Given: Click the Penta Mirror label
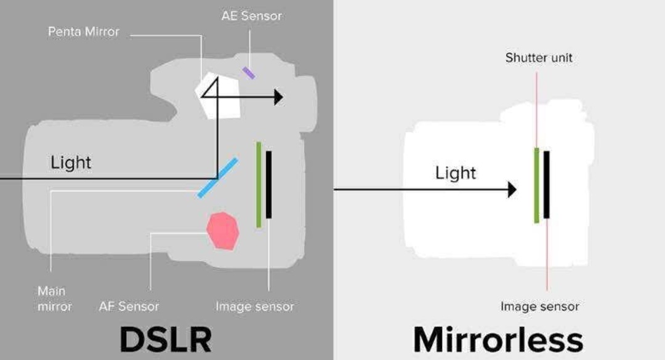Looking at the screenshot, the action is coord(84,32).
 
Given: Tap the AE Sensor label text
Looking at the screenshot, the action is coord(251,16).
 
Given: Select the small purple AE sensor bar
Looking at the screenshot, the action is coord(249,73).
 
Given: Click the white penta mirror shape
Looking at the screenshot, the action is coord(217,96).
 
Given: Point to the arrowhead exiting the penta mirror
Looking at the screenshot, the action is coord(279,97).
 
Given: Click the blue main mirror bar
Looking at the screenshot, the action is coord(218,178).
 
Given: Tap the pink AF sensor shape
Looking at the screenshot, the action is coord(223,231).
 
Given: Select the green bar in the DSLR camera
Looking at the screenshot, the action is coord(259,185).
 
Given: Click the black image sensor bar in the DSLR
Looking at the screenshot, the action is coord(268,185).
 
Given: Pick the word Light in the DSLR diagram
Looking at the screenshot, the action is coord(71,162).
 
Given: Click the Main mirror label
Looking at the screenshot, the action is coord(55,298).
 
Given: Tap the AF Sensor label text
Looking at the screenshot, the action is coord(129,306).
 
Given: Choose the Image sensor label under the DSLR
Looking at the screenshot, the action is coord(254,306).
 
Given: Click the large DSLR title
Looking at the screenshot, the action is coord(166,339).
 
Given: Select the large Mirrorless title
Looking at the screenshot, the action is coord(498,339).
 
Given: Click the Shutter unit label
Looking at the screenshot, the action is coord(539,58).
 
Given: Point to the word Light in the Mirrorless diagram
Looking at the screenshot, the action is coord(456,173).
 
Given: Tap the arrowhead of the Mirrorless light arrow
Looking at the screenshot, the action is coord(512,190).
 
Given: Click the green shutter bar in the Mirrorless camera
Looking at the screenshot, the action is coord(537,185).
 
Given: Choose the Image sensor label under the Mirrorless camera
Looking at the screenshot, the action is coord(540,306).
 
